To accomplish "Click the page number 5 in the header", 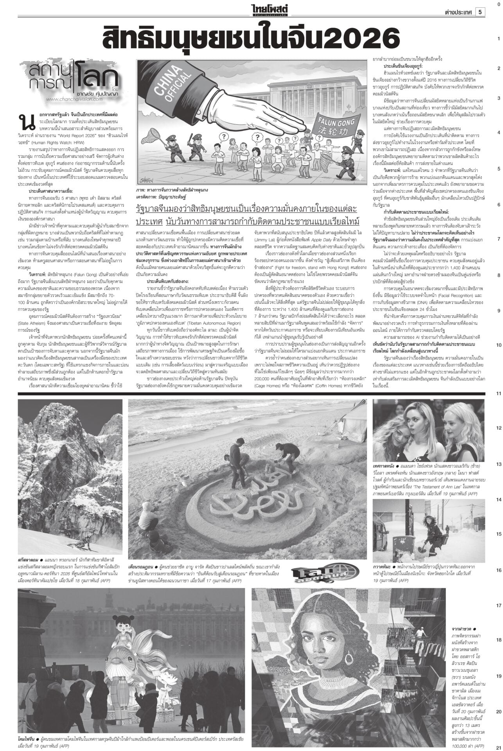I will [x=480, y=12].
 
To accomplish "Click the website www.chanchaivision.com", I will [x=74, y=99].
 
